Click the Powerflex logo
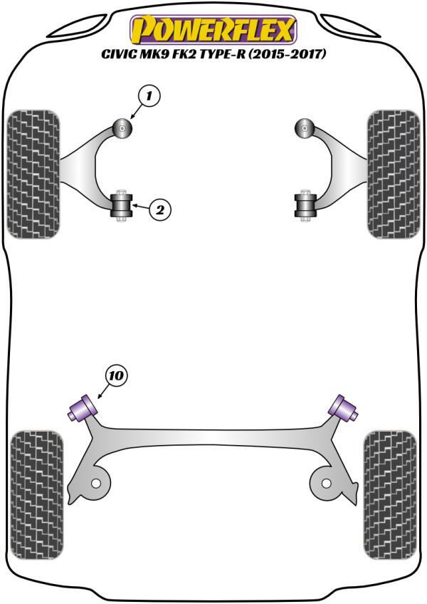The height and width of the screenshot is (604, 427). click(212, 30)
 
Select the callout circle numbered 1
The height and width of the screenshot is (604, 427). click(149, 95)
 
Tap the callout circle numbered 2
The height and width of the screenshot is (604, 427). click(159, 209)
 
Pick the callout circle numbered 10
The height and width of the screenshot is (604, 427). click(117, 375)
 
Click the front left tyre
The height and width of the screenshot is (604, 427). click(33, 173)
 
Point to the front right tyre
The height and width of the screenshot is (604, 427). click(393, 173)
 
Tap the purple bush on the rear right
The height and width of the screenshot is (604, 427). click(342, 407)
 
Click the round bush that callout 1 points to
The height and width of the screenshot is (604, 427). click(124, 129)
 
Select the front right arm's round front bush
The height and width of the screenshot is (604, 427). click(304, 129)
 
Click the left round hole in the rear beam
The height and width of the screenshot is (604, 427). click(95, 483)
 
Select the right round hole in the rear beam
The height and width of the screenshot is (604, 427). click(326, 483)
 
